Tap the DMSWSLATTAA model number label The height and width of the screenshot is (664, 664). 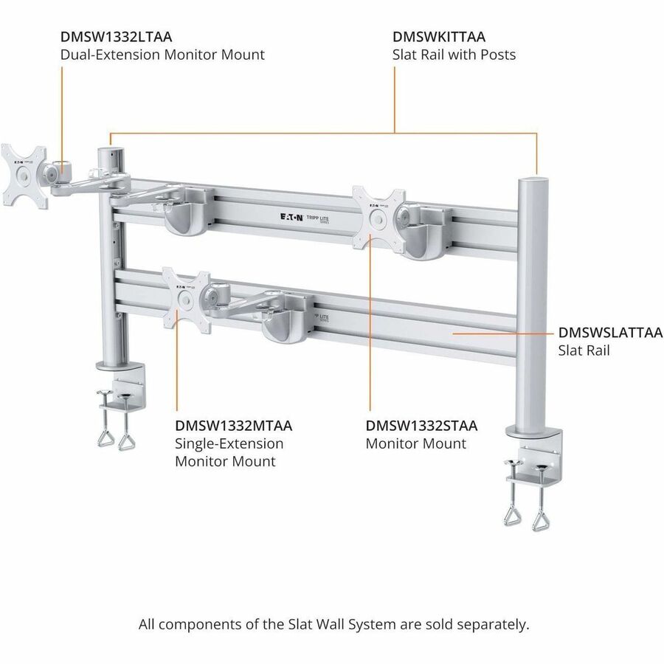click(x=610, y=333)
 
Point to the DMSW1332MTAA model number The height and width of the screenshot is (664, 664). click(x=233, y=426)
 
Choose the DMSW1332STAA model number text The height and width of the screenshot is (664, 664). click(x=421, y=426)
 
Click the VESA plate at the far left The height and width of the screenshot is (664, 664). click(x=23, y=175)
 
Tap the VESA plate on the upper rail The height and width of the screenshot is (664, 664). click(x=378, y=218)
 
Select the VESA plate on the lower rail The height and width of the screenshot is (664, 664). click(x=186, y=300)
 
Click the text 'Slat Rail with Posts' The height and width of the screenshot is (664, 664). click(x=454, y=55)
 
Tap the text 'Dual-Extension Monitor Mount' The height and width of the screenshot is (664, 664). click(x=162, y=55)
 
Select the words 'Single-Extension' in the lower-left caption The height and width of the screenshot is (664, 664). click(x=229, y=444)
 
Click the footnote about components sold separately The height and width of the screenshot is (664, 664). click(x=333, y=623)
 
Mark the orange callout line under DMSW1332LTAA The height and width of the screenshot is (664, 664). click(x=62, y=118)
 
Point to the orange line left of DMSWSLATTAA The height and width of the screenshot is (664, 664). click(x=502, y=333)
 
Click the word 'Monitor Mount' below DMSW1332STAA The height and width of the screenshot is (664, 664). click(x=416, y=443)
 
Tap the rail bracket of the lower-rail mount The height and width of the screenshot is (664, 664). click(x=288, y=322)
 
